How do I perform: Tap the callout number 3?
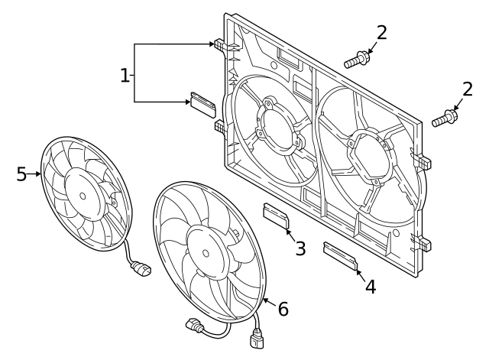(x=300, y=248)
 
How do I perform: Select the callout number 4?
(x=370, y=287)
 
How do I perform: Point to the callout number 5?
(x=21, y=174)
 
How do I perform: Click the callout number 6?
(x=283, y=308)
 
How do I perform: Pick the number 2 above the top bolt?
(x=381, y=33)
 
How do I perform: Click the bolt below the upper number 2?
(x=358, y=59)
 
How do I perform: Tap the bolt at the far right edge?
(x=445, y=119)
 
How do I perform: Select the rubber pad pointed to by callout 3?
(x=277, y=216)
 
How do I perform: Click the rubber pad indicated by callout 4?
(x=340, y=256)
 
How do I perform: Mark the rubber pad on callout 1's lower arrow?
(x=203, y=102)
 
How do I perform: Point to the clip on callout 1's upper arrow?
(x=220, y=47)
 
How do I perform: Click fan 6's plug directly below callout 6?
(x=257, y=336)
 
